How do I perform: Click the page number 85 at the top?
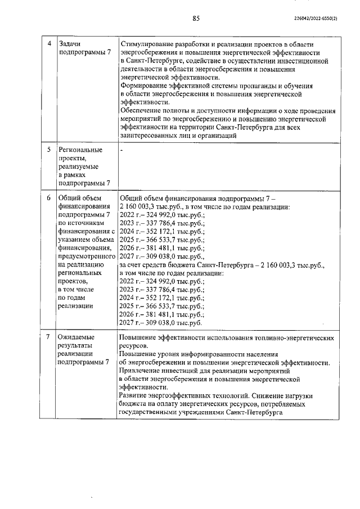pyautogui.click(x=196, y=19)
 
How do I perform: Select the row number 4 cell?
pyautogui.click(x=49, y=44)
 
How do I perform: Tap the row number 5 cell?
pyautogui.click(x=49, y=150)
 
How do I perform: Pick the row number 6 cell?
pyautogui.click(x=49, y=198)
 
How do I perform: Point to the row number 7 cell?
pyautogui.click(x=49, y=337)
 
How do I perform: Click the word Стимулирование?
pyautogui.click(x=147, y=44)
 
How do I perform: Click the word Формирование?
pyautogui.click(x=144, y=86)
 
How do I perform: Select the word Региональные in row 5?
pyautogui.click(x=80, y=150)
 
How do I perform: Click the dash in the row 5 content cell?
pyautogui.click(x=121, y=150)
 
